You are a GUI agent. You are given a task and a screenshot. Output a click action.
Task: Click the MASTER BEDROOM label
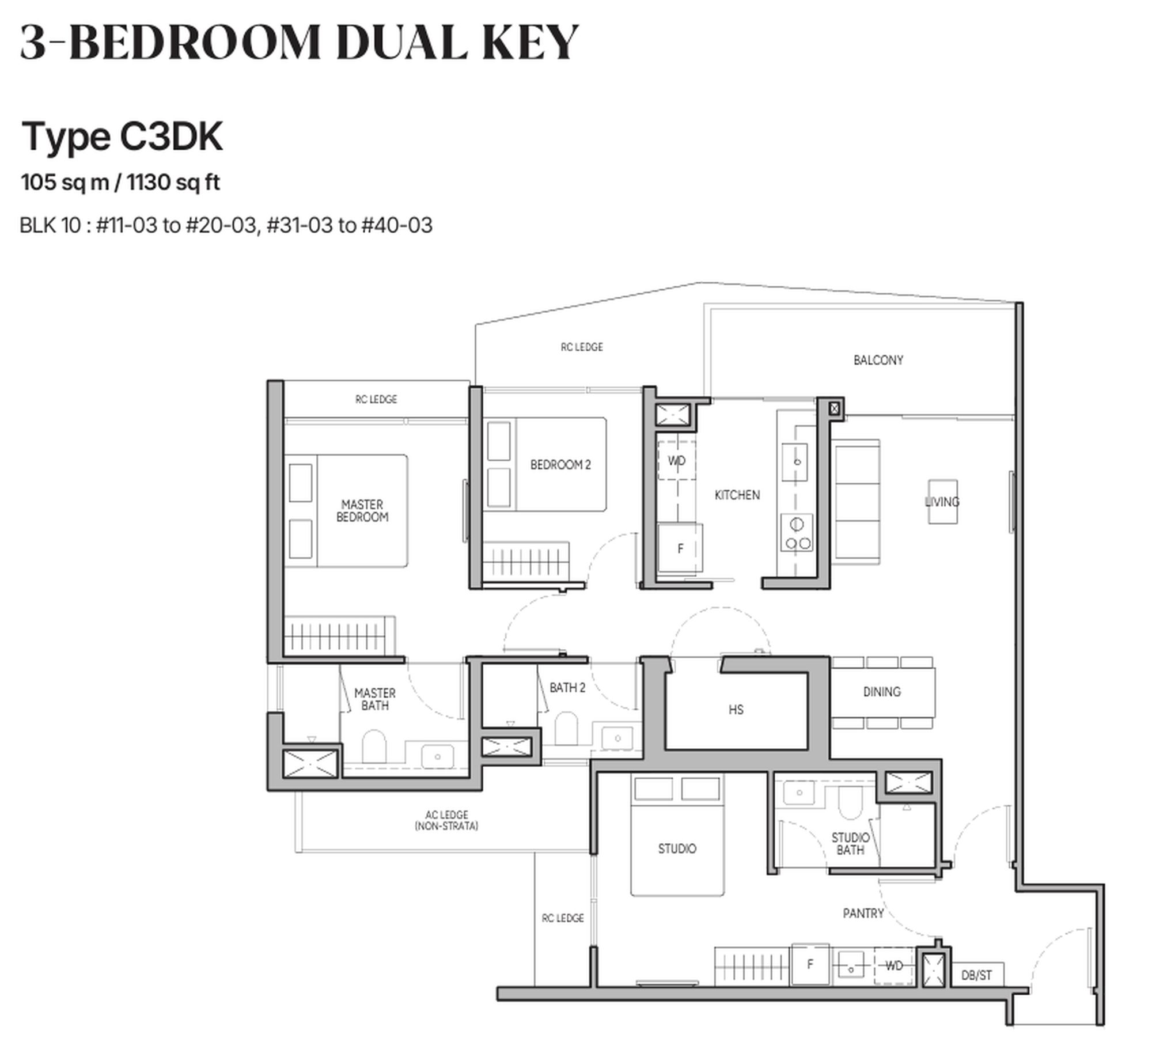(x=362, y=511)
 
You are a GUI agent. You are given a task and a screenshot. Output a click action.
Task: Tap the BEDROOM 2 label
(x=560, y=465)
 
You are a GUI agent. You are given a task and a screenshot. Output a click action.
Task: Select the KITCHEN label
(x=737, y=495)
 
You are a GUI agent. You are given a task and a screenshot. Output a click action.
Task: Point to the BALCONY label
(x=878, y=361)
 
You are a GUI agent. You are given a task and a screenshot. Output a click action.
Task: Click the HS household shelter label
(x=736, y=710)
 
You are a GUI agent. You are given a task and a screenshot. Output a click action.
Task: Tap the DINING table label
(x=881, y=692)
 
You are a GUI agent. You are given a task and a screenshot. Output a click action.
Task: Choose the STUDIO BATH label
(x=850, y=843)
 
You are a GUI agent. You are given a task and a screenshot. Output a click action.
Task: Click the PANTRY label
(x=862, y=913)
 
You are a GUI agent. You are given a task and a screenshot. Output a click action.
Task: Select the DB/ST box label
(x=976, y=975)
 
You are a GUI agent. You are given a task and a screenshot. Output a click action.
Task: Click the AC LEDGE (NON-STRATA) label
(x=446, y=820)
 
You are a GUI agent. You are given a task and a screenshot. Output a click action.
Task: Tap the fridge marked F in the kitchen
(x=680, y=548)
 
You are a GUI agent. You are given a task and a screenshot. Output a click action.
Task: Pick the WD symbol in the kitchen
(x=676, y=461)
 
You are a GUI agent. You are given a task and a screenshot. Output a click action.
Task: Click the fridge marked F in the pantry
(x=810, y=964)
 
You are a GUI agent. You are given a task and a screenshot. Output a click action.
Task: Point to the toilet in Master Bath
(x=374, y=747)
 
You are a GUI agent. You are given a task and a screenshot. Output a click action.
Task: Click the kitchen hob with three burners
(x=797, y=533)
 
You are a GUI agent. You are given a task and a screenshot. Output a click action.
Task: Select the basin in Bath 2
(x=617, y=738)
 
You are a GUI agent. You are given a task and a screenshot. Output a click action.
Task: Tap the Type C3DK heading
(x=122, y=137)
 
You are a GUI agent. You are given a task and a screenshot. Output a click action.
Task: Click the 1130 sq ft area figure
(x=173, y=183)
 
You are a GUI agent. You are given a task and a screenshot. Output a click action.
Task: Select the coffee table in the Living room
(x=942, y=502)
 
